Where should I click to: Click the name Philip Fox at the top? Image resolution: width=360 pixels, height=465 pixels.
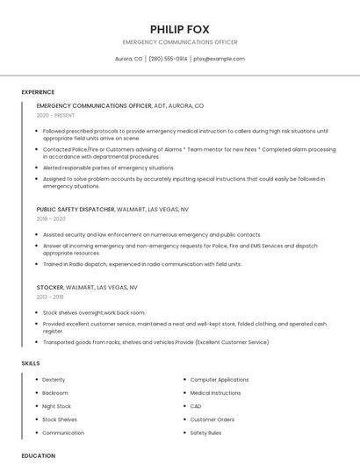179,29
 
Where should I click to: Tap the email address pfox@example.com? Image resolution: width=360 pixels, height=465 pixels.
219,59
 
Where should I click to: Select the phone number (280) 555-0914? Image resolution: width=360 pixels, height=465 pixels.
168,59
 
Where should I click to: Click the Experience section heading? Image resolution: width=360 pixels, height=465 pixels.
38,92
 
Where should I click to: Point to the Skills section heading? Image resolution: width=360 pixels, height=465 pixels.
31,362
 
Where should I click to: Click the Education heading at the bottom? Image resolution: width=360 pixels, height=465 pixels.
39,455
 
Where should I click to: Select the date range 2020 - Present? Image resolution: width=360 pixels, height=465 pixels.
55,115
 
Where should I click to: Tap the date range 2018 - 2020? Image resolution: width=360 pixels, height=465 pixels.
51,218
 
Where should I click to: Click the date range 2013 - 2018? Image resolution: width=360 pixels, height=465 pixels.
50,297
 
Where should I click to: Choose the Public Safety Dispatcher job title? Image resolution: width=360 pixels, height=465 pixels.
76,210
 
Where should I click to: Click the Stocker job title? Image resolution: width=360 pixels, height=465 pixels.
50,287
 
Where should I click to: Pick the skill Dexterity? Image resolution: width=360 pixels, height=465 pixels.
54,379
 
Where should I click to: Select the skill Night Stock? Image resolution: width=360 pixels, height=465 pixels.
56,406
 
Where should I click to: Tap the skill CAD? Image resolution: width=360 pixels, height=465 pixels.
196,406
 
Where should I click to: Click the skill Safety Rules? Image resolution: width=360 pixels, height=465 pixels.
205,433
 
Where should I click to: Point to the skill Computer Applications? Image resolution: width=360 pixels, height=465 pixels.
220,379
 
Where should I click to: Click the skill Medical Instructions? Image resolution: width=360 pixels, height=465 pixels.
215,393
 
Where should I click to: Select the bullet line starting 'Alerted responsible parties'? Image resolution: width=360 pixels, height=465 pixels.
109,168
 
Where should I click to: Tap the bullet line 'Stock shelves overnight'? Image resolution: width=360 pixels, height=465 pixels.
94,312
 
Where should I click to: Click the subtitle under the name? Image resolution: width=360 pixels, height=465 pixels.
179,42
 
